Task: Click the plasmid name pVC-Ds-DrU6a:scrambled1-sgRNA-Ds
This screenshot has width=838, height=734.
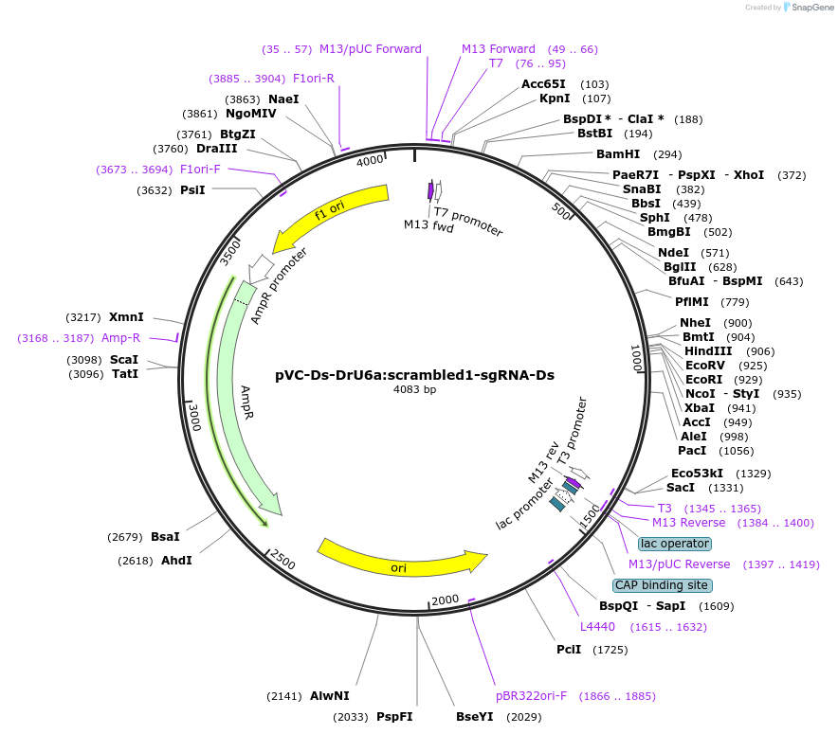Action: click(414, 375)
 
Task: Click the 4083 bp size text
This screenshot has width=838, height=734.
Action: click(414, 389)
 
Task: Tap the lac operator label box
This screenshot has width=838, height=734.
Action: click(674, 544)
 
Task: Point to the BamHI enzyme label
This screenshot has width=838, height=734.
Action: click(618, 154)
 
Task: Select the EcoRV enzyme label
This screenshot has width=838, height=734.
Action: click(704, 366)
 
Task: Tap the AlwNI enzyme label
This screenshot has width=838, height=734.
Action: click(329, 696)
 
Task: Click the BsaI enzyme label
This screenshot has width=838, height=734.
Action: click(165, 537)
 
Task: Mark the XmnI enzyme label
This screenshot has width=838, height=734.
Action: click(126, 317)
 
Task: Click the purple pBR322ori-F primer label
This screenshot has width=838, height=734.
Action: click(531, 696)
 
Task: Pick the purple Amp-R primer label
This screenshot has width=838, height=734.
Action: click(121, 338)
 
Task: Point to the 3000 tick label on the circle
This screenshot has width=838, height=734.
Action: click(194, 416)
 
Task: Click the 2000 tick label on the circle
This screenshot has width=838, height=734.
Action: click(445, 600)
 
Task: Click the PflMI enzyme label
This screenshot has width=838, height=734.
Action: click(691, 303)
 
